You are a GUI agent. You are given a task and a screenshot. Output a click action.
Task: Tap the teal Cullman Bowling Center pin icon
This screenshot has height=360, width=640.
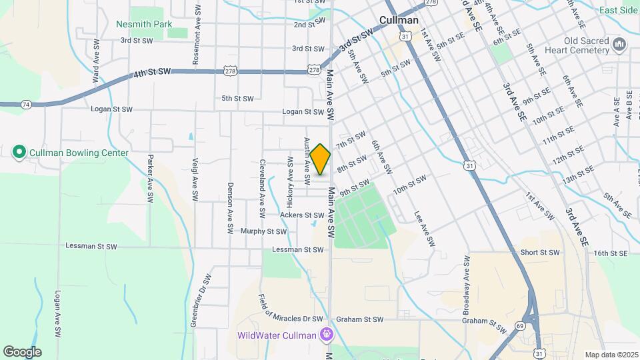click(19, 153)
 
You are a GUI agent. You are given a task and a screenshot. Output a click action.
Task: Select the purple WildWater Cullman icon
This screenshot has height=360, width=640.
click(326, 334)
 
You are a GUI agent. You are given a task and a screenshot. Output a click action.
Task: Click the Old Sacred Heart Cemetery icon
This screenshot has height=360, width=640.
click(619, 45)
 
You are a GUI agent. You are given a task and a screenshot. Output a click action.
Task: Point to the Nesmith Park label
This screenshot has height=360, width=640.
click(143, 24)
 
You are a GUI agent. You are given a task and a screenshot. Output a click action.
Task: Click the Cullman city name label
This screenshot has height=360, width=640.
click(399, 20)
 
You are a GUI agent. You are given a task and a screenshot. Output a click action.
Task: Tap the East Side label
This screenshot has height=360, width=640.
click(618, 10)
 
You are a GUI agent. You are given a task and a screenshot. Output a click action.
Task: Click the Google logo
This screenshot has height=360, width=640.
click(22, 351)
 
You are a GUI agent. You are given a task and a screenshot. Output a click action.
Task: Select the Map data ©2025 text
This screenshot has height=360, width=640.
click(611, 355)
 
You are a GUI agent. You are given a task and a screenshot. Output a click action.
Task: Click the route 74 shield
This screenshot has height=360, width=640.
click(26, 105)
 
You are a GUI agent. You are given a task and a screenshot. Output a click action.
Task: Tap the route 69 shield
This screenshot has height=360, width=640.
click(519, 325)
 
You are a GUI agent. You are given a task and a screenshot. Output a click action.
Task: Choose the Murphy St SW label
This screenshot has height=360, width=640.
click(263, 232)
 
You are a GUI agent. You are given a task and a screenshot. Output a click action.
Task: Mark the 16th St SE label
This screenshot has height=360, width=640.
click(611, 253)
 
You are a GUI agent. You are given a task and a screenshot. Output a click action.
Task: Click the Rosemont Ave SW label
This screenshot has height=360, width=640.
click(197, 43)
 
